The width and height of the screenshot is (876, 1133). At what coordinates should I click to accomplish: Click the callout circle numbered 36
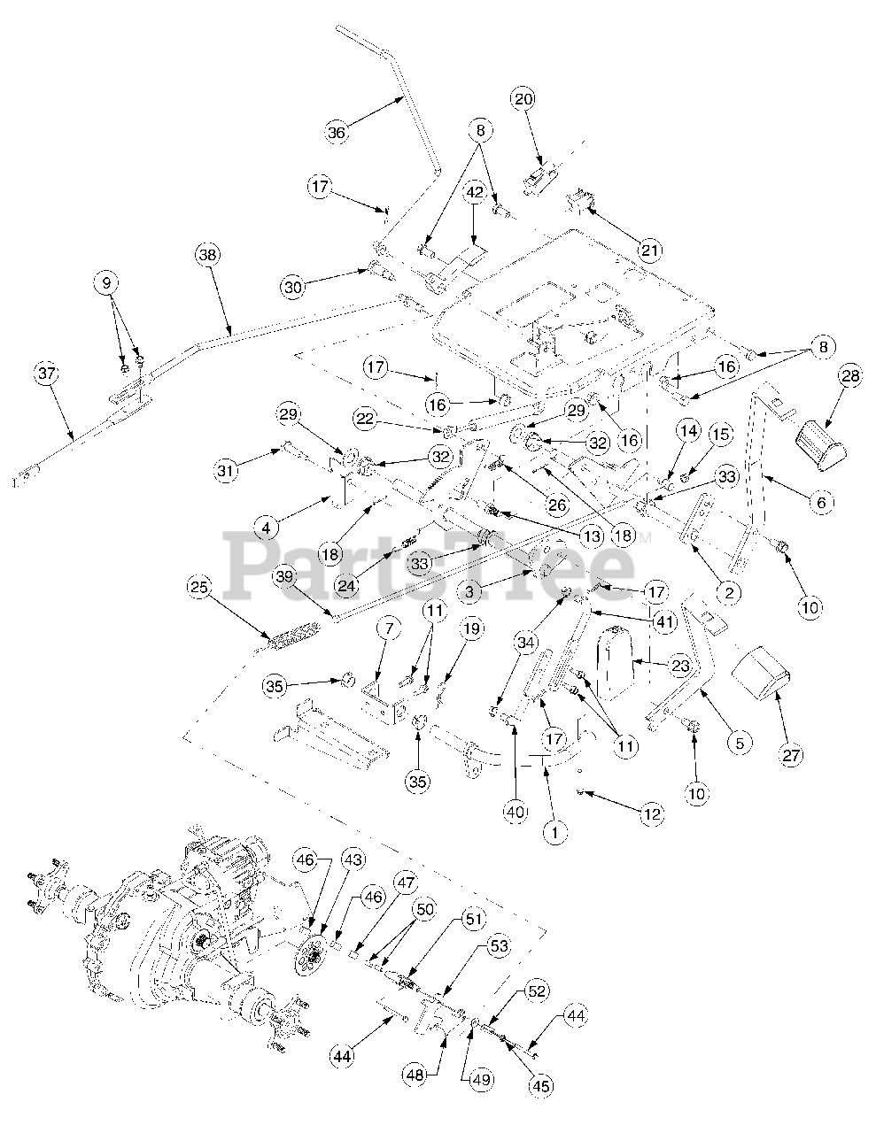coord(337,134)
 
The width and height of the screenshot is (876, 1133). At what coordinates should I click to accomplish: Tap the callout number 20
coord(524,99)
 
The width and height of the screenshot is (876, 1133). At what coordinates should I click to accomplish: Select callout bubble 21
coord(651,251)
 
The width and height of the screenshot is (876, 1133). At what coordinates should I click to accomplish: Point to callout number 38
coord(206,255)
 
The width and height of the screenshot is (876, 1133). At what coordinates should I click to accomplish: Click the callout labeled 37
coord(48,374)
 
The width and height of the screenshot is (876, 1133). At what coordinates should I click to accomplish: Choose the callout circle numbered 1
coord(554,831)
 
